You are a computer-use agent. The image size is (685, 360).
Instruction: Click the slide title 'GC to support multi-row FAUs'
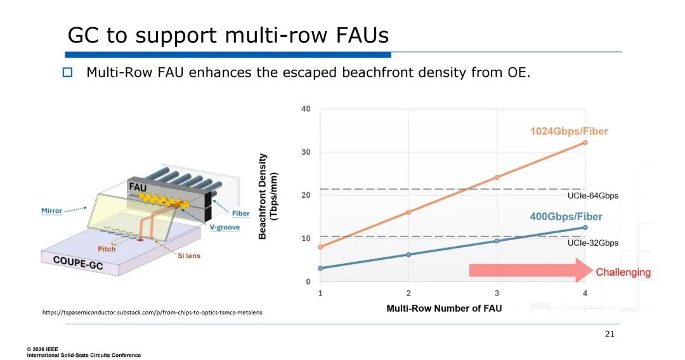(228, 35)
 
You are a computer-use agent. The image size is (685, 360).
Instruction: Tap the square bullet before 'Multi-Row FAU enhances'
(68, 72)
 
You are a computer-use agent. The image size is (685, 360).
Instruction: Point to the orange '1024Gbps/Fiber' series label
(569, 131)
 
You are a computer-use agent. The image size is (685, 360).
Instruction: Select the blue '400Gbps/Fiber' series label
(566, 217)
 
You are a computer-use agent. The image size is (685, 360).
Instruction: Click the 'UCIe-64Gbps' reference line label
(592, 196)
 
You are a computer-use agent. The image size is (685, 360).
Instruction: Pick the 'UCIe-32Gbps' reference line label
(592, 243)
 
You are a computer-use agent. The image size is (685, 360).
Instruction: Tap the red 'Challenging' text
(623, 273)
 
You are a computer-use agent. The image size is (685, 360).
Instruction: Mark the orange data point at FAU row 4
(585, 143)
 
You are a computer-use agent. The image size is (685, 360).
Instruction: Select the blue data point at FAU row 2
(408, 255)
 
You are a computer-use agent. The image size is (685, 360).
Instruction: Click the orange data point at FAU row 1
(320, 247)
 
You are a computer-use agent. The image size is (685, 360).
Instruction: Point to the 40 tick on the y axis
(306, 109)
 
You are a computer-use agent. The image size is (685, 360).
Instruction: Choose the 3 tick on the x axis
(497, 293)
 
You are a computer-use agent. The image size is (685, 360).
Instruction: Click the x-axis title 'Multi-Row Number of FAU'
(444, 309)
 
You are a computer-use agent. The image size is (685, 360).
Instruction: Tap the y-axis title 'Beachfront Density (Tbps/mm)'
(268, 196)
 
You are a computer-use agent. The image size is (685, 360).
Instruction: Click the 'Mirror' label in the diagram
(52, 210)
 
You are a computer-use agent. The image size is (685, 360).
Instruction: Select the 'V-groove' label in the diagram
(225, 227)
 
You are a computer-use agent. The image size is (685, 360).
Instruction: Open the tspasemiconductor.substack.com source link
(152, 312)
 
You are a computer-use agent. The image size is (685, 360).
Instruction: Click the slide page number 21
(610, 334)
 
